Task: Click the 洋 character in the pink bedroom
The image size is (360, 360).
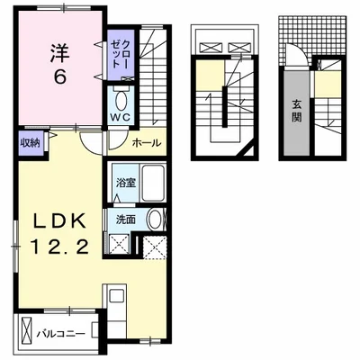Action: click(59, 53)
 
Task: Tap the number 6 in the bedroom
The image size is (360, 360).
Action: click(59, 77)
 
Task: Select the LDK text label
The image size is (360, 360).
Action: click(59, 221)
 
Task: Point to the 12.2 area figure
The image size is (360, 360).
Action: click(59, 247)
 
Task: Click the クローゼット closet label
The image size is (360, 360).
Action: click(121, 55)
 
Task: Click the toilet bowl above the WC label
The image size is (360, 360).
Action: click(121, 101)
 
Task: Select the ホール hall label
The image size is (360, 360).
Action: click(147, 143)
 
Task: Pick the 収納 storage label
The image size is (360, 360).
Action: click(30, 143)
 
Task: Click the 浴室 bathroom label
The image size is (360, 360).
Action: click(126, 183)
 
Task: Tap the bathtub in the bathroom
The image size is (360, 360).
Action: click(153, 183)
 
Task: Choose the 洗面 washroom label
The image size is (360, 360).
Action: click(126, 220)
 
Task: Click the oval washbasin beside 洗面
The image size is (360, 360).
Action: click(155, 220)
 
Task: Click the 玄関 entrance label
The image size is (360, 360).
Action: click(297, 111)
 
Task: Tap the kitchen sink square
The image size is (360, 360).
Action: click(116, 296)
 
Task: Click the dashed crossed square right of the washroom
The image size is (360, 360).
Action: click(154, 247)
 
